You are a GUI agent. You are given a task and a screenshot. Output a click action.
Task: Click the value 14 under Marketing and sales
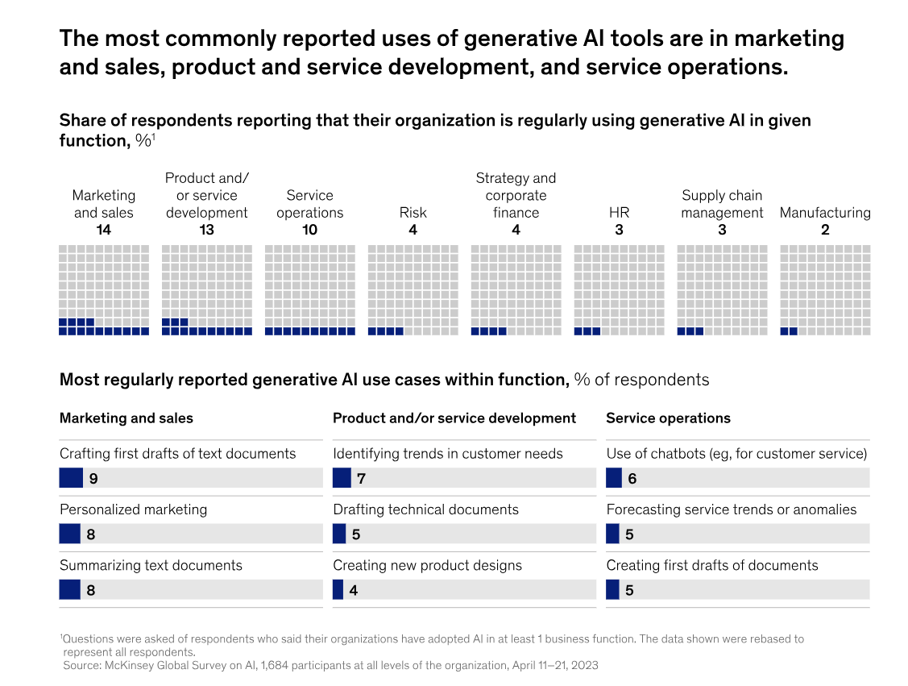tap(103, 230)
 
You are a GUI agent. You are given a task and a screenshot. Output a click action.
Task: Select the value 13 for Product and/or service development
tap(206, 230)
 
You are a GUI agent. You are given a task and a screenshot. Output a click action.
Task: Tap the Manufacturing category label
tap(825, 213)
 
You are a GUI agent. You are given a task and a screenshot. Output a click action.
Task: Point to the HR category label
tap(619, 213)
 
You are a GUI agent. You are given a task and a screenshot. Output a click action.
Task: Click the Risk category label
tap(413, 213)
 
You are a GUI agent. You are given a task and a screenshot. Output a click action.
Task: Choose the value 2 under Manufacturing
tap(825, 230)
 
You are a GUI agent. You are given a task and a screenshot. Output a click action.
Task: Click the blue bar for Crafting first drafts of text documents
tap(71, 478)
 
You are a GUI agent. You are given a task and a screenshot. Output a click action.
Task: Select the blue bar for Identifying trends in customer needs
tap(342, 478)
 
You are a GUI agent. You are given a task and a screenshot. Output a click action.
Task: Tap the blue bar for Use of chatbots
tap(614, 478)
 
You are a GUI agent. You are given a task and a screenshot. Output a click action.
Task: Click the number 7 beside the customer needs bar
tap(362, 479)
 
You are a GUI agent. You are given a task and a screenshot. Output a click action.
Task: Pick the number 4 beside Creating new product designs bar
tap(354, 590)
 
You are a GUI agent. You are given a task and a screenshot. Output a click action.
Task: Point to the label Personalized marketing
tap(133, 509)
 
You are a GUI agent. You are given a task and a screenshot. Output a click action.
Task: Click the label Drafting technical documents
tap(425, 509)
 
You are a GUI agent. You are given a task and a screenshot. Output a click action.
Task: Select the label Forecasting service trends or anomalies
tap(731, 509)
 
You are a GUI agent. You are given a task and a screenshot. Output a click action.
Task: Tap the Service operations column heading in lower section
tap(668, 418)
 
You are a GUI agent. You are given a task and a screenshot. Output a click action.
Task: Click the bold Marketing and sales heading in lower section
tap(126, 418)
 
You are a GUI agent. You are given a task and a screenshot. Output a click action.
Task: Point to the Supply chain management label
tap(722, 204)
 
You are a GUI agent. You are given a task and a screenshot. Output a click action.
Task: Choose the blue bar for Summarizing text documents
tap(69, 590)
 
